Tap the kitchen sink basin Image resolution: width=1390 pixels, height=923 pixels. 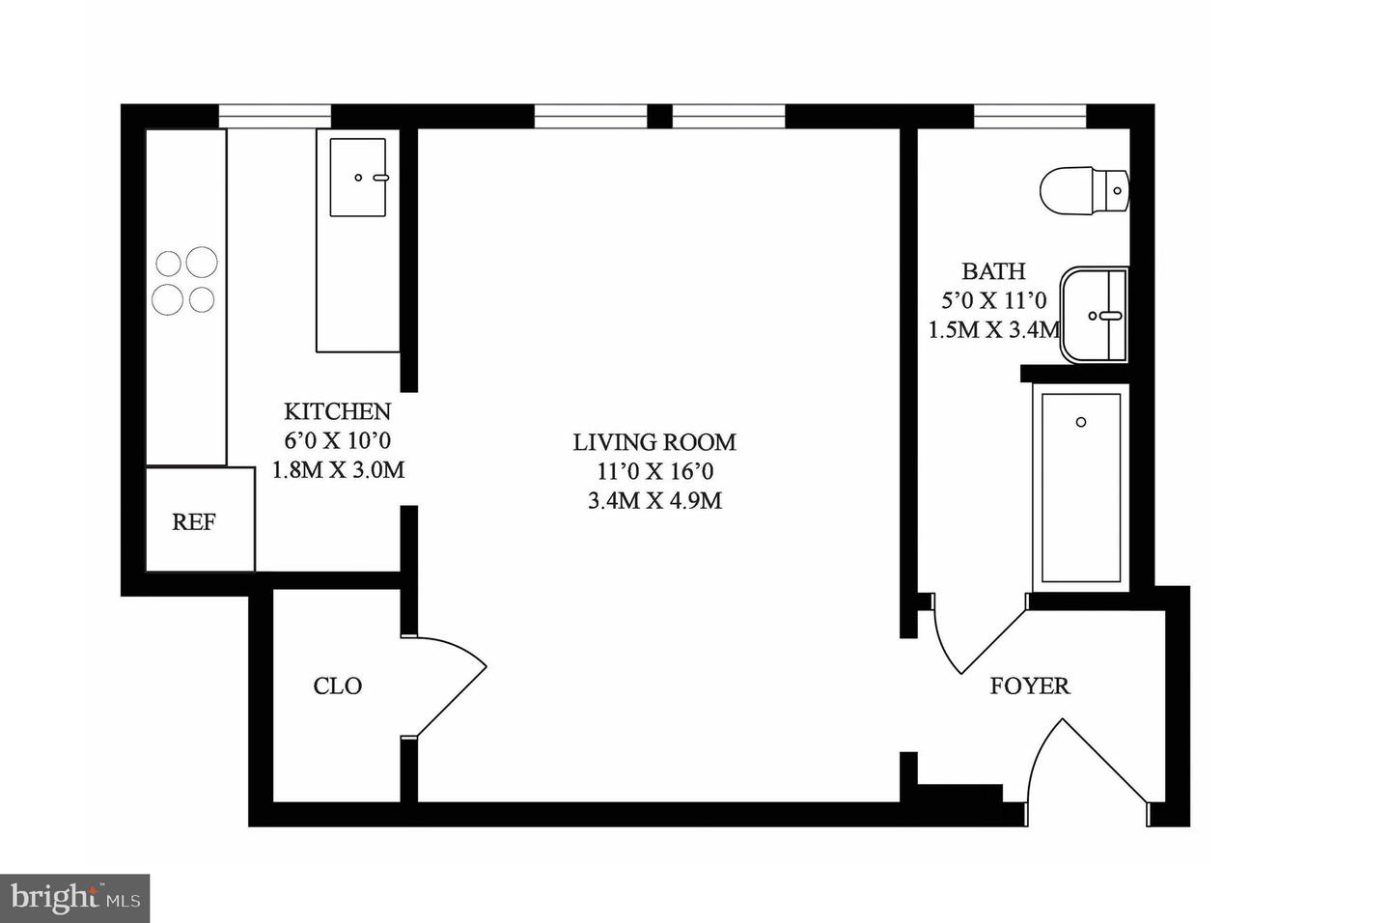coord(358,178)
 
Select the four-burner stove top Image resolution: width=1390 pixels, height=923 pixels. coord(185,281)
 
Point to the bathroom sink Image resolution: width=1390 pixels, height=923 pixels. coord(1095,315)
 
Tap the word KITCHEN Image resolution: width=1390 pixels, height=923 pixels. coord(337,411)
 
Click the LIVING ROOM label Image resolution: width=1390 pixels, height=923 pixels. coord(654,442)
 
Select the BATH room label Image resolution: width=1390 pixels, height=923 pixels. coord(993,271)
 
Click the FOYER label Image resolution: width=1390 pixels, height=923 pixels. coord(1029,686)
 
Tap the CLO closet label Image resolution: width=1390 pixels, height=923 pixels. coord(337,686)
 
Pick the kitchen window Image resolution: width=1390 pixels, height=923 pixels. coord(275,116)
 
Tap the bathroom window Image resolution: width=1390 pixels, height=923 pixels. coord(1030,116)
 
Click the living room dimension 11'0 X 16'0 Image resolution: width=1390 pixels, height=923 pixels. coord(654,472)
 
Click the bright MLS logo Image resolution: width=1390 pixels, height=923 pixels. coord(74,899)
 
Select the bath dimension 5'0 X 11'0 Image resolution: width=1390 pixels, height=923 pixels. coord(993,300)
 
